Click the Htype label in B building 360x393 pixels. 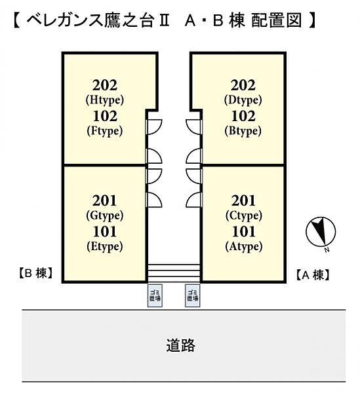[104, 100]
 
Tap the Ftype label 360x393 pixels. [104, 131]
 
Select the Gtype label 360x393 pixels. [104, 215]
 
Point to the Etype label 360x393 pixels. [104, 246]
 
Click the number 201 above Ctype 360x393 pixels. [244, 200]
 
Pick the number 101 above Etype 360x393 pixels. [105, 231]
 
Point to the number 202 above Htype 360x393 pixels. [105, 85]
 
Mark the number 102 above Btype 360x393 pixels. [244, 117]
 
